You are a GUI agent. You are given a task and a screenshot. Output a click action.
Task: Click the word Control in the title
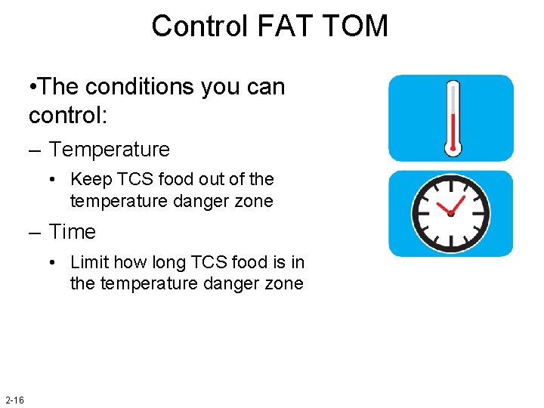[199, 26]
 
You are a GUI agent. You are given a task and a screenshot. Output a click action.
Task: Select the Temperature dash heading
[110, 150]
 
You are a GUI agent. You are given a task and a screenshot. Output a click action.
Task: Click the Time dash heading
[73, 232]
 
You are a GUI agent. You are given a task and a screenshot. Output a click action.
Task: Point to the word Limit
[88, 262]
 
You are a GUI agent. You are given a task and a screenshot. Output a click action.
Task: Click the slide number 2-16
[14, 399]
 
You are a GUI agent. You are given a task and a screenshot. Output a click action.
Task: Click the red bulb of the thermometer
[453, 146]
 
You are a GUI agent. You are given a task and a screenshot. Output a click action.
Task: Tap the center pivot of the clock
[450, 214]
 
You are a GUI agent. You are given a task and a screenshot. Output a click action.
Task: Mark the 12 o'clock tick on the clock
[450, 181]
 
